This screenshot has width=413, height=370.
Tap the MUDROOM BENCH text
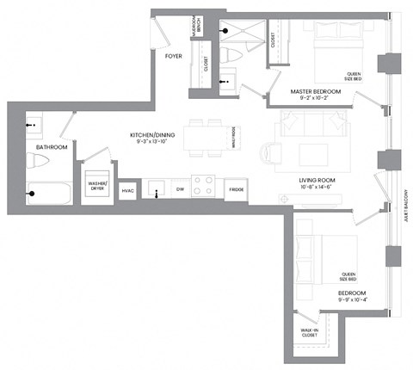point(197,31)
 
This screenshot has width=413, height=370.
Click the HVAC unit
point(127,190)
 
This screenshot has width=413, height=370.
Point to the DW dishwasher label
point(180,189)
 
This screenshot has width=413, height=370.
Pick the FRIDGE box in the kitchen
point(235,190)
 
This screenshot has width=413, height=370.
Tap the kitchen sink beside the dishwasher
point(155,188)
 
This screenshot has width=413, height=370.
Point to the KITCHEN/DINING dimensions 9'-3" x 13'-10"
point(152,142)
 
